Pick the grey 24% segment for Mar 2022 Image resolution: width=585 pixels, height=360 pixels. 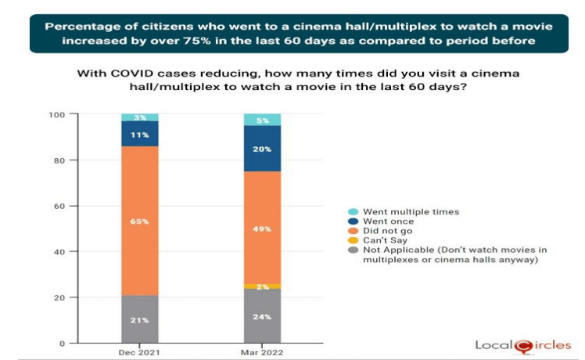coord(264,316)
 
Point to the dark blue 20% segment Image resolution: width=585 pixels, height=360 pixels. coord(264,148)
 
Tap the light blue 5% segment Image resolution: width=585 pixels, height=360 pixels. coord(264,120)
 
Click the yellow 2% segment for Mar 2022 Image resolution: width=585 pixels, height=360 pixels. coord(264,286)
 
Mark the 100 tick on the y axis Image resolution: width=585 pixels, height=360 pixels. coord(59,115)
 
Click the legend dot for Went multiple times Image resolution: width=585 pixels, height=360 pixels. coord(352,212)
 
